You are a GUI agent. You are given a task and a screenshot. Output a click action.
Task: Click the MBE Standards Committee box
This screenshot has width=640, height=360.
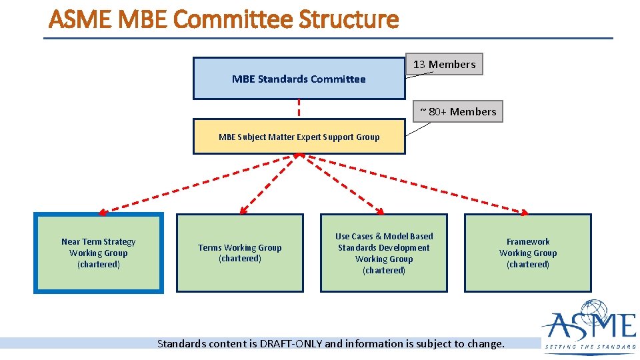coord(299,79)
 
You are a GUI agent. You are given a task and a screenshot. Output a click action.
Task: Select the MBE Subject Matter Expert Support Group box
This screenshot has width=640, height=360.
coord(299,137)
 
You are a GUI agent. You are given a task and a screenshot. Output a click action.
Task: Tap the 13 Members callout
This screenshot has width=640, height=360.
coord(444,64)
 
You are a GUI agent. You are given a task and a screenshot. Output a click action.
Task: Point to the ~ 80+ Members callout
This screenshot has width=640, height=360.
coord(458,111)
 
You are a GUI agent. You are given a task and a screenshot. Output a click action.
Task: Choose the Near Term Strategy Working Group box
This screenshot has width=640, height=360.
coord(98,253)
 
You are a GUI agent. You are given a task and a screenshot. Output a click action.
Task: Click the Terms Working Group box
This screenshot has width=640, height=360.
coord(240,253)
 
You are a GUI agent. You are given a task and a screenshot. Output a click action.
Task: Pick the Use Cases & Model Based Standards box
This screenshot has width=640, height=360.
coord(384,253)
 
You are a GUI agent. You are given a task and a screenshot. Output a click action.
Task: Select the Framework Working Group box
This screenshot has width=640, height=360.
coord(528,253)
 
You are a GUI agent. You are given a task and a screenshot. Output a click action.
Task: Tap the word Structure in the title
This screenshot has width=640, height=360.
coord(349,20)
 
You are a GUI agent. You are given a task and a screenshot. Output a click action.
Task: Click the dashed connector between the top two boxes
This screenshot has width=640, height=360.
coord(299,109)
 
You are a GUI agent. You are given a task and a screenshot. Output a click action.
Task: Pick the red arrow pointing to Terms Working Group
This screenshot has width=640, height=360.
coord(270,184)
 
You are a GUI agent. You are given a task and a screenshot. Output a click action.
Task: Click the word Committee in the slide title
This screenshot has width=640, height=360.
coord(235,20)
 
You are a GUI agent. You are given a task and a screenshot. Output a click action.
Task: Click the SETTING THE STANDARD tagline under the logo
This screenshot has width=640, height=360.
coord(591,347)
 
